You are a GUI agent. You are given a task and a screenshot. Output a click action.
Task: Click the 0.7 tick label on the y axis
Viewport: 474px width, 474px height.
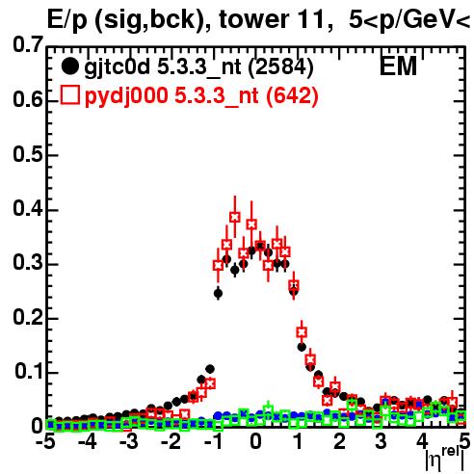coord(28,45)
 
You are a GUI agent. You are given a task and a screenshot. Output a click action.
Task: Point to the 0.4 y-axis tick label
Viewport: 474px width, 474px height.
coord(28,209)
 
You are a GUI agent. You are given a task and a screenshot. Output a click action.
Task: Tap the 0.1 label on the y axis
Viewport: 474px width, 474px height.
coord(29,371)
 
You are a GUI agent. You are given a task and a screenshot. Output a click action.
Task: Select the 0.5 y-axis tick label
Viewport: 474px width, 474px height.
coord(28,154)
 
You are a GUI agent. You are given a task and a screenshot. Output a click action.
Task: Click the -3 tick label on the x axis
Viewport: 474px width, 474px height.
coord(129,441)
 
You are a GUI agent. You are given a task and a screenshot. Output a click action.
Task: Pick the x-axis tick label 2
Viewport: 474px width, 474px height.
coord(339,441)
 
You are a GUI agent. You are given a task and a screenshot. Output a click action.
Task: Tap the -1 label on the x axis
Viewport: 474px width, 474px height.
coord(213,441)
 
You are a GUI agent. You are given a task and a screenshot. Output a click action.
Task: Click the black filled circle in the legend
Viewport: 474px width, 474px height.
coord(69,66)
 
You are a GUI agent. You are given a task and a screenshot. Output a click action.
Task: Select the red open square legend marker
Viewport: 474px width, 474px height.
coord(70,94)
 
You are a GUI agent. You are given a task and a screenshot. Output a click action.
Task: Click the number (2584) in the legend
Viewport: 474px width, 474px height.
coord(280,67)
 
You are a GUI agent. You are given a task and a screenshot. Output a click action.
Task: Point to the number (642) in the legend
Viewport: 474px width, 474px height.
coord(292,96)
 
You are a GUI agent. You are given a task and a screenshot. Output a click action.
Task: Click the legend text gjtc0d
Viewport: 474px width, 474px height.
coord(118,68)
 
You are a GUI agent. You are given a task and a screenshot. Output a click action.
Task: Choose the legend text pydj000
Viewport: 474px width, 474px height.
coord(126,96)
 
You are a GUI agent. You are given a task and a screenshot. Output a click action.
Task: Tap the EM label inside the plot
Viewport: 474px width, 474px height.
coord(398,66)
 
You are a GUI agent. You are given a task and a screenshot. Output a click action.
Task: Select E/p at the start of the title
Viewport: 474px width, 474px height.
coord(67,21)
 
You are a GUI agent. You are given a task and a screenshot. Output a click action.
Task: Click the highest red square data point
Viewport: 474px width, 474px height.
coord(235,217)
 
